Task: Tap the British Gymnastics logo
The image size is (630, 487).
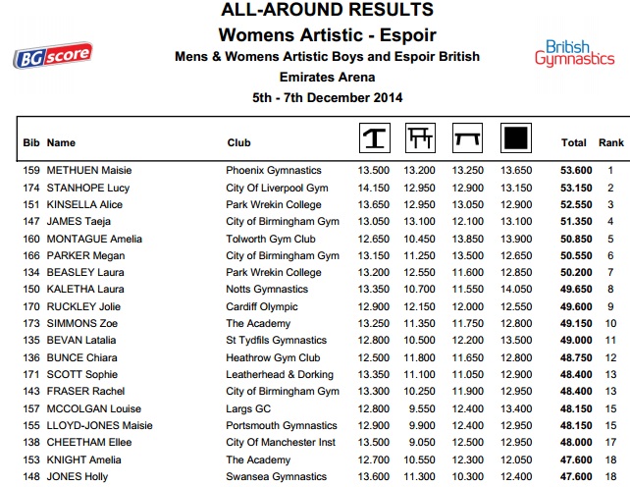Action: pos(574,52)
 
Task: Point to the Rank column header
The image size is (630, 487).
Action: pos(611,142)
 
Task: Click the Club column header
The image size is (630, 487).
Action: pos(238,142)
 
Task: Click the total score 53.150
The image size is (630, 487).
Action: pos(574,188)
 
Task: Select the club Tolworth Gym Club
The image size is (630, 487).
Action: pos(270,239)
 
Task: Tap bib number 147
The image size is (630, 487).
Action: pos(31,222)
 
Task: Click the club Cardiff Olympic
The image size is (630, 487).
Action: pos(262,306)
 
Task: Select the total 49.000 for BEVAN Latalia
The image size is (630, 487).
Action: pos(574,341)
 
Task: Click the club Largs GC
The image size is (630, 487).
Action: pos(248,408)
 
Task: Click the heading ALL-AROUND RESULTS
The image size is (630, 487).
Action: pos(327,11)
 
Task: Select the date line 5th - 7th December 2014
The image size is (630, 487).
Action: pos(327,97)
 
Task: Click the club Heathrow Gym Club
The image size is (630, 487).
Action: pos(273,357)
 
